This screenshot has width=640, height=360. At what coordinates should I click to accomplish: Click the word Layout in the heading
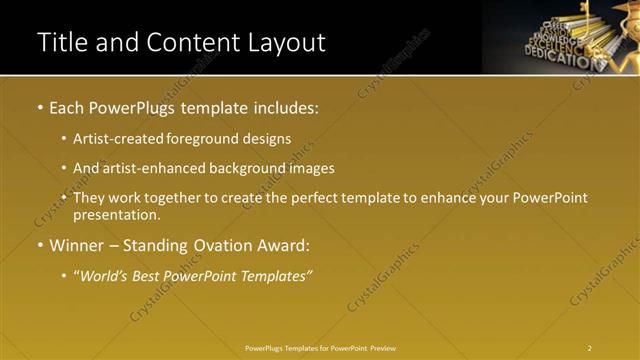[x=288, y=43]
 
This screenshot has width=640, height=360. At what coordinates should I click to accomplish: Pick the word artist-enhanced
[x=148, y=168]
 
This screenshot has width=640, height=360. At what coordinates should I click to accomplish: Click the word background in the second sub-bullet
[x=247, y=168]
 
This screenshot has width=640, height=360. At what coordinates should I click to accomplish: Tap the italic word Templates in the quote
[x=276, y=275]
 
